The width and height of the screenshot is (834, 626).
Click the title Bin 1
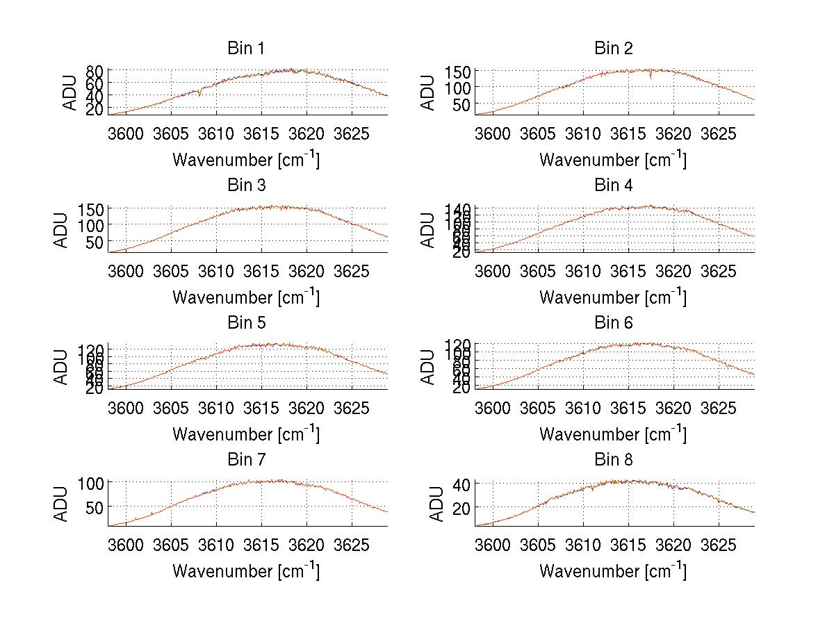(x=246, y=49)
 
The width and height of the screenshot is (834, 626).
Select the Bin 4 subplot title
(x=613, y=186)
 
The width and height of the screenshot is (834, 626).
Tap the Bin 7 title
(x=246, y=460)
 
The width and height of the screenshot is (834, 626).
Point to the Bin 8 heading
(x=613, y=460)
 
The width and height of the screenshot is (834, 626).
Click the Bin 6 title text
(x=613, y=323)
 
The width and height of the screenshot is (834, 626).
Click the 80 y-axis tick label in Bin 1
(x=95, y=71)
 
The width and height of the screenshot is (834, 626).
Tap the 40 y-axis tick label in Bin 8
(x=463, y=484)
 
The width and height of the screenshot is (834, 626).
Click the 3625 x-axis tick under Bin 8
(x=718, y=544)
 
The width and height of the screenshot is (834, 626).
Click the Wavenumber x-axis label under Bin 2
(x=613, y=160)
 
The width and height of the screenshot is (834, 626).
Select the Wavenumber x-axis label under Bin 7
(x=246, y=571)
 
